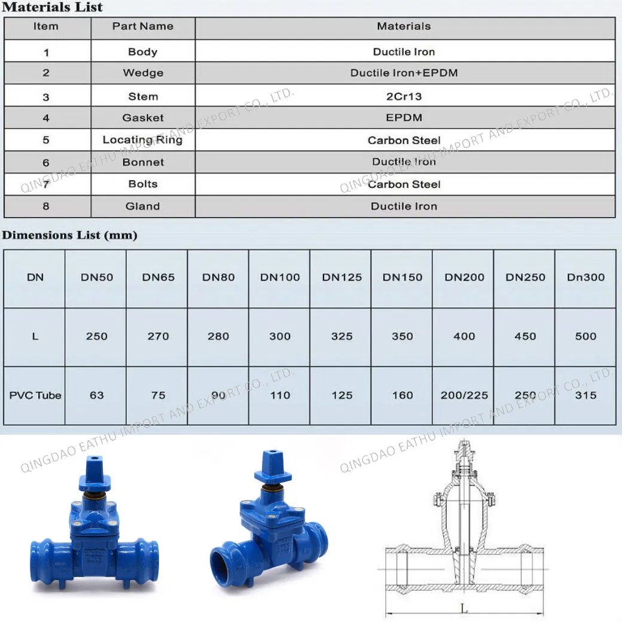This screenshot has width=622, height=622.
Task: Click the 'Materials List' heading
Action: [53, 8]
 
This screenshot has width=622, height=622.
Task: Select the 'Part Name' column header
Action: [143, 26]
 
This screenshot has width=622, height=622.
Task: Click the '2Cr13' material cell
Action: [404, 96]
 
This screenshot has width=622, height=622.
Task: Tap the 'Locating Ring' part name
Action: [142, 140]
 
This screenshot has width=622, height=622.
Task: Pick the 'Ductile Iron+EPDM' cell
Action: [404, 73]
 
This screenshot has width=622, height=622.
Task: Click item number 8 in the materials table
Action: [46, 206]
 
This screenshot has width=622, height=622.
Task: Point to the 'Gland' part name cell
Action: [142, 206]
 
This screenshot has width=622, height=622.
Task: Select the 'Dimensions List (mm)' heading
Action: [69, 235]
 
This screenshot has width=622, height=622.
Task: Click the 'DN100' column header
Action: [280, 278]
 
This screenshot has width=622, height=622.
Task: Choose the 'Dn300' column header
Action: [586, 278]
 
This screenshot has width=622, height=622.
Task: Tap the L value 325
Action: [342, 336]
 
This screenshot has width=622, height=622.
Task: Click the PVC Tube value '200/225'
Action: [464, 395]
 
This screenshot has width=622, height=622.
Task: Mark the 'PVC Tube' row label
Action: [35, 395]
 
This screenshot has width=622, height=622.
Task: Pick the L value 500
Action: [586, 336]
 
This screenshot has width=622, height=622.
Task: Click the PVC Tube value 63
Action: [96, 395]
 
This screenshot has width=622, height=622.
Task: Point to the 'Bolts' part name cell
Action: [142, 184]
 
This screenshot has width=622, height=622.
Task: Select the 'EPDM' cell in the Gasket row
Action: [404, 118]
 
